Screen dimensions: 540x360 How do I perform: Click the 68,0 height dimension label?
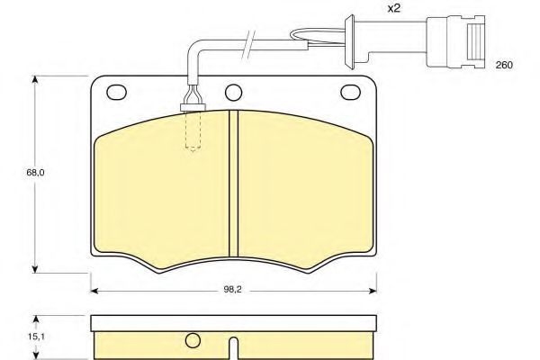click(35, 172)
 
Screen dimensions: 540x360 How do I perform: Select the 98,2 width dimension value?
click(233, 290)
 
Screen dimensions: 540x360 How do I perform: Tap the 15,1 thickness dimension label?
click(36, 337)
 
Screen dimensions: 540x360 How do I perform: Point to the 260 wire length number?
click(504, 65)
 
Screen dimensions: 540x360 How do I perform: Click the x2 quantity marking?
click(394, 8)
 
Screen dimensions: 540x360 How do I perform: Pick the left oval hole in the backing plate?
click(117, 93)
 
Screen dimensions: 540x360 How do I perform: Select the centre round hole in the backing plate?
click(233, 93)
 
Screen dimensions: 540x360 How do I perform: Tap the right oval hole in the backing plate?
click(350, 93)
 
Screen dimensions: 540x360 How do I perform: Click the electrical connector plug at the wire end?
click(455, 41)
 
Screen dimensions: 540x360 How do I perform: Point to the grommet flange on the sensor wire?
click(350, 42)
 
